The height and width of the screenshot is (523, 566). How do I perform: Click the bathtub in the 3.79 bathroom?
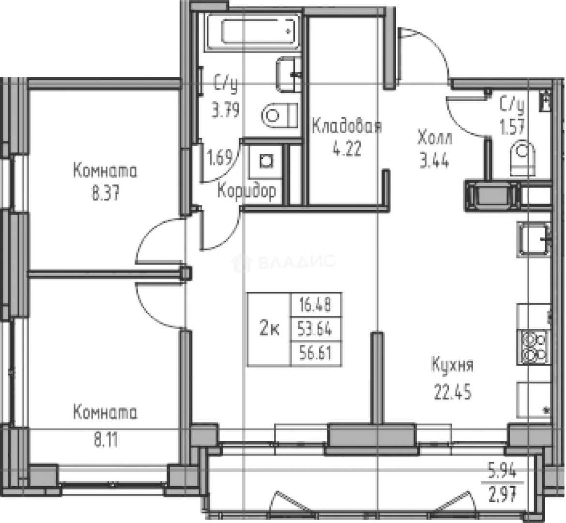(254, 32)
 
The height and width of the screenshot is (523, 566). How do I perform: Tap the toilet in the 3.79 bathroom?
(279, 115)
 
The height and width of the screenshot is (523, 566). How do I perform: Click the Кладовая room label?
(346, 127)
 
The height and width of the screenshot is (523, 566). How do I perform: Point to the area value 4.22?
(346, 149)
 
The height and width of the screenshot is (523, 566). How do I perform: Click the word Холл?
(435, 138)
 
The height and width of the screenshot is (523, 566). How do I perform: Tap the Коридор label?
(246, 191)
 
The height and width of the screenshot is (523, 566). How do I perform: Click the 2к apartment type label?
(269, 330)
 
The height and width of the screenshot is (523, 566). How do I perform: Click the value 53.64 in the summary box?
(315, 330)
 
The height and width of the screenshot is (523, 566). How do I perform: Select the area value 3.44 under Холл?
(434, 160)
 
